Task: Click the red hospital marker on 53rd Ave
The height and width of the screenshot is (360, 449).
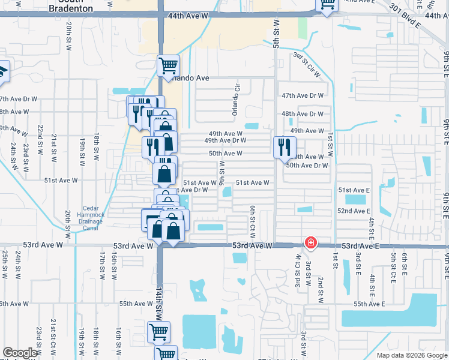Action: click(310, 243)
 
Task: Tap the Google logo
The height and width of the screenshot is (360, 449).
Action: click(20, 353)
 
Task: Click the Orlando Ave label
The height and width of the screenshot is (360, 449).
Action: click(188, 78)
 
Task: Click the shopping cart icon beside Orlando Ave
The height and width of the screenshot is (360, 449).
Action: click(168, 65)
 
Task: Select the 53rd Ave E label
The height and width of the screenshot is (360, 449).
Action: click(363, 246)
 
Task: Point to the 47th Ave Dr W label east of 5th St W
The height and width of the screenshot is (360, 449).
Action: click(303, 96)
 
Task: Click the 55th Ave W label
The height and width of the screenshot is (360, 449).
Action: click(136, 304)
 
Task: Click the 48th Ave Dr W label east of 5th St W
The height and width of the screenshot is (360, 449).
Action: click(303, 113)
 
